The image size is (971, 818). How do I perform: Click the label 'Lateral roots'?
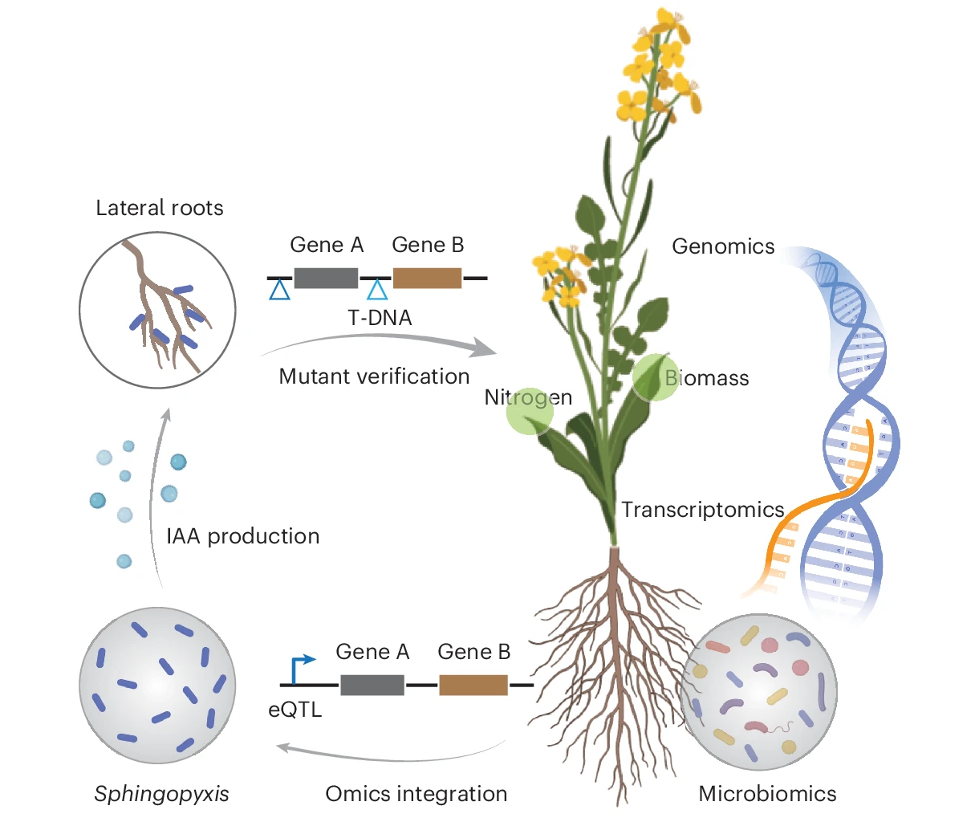point(159,208)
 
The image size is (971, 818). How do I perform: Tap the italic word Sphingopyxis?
point(161,794)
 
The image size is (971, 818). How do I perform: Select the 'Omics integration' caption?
point(416,794)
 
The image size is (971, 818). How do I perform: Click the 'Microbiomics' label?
point(767,794)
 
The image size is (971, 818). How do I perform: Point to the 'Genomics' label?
point(723,246)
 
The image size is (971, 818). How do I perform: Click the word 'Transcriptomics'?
point(702,510)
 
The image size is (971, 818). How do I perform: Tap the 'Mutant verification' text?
point(374,376)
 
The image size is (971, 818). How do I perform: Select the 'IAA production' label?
point(242,536)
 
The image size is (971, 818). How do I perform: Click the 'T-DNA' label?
point(380,318)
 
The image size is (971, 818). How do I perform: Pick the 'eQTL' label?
point(295,710)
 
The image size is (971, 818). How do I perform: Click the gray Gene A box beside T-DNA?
point(326,278)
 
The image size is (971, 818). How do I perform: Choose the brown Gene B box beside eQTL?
point(473,685)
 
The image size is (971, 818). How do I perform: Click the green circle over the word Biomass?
point(656,378)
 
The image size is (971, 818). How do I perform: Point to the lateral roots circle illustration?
point(157,310)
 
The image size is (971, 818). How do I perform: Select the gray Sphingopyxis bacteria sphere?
point(157,685)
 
